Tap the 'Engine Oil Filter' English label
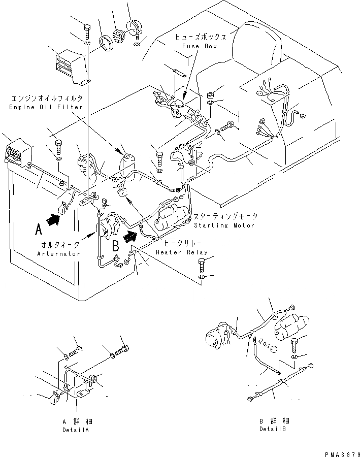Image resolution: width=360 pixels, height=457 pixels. point(45,108)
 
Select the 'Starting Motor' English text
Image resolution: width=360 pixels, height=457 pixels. point(223,225)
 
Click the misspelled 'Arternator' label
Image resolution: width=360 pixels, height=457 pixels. point(59,253)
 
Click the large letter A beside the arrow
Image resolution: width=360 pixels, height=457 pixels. point(38,230)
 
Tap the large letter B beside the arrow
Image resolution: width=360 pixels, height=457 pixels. point(115,246)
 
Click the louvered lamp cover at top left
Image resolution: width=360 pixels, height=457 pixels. point(68,63)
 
